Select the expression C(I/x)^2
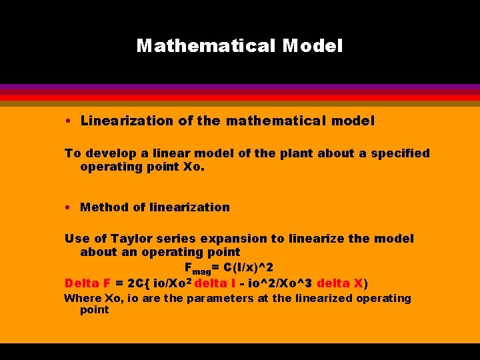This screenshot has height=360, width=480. tap(249, 267)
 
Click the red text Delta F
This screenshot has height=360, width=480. tap(87, 282)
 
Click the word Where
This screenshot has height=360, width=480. tap(83, 298)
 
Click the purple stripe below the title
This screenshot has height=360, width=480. tap(240, 87)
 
